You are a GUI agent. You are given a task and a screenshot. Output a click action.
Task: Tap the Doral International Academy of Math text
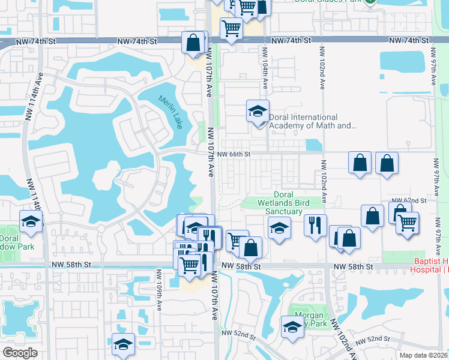[312, 122]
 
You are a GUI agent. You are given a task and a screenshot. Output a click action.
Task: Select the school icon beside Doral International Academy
[258, 111]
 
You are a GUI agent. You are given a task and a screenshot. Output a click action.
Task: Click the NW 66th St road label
[234, 154]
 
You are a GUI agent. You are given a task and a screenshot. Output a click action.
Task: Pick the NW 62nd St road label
[408, 200]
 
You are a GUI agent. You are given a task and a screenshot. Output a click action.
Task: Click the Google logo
[20, 353]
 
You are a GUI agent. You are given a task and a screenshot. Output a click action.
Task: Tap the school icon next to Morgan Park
[292, 327]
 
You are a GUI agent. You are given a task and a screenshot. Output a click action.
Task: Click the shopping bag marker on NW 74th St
[193, 43]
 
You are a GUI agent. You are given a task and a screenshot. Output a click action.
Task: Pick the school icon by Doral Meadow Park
[31, 221]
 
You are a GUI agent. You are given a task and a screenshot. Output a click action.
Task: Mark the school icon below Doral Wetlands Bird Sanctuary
[279, 228]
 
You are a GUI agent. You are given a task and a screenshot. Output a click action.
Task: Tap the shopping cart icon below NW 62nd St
[408, 223]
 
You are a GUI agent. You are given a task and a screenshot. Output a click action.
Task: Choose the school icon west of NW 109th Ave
[124, 345]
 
